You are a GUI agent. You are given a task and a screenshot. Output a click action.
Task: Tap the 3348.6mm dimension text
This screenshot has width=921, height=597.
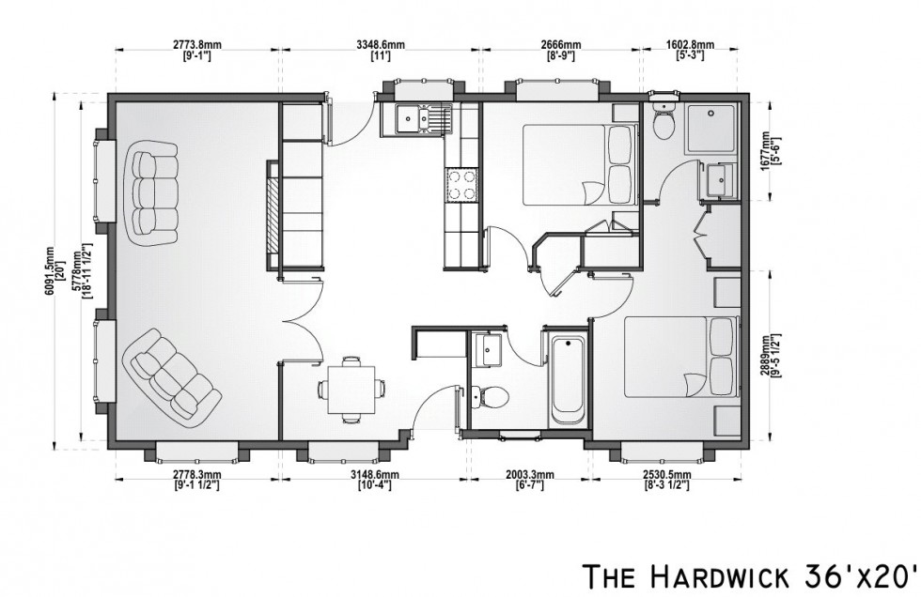click(x=380, y=44)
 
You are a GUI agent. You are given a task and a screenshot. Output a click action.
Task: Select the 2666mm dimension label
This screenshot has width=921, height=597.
click(x=560, y=44)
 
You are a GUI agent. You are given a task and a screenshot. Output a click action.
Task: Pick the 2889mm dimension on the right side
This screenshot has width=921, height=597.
click(x=770, y=357)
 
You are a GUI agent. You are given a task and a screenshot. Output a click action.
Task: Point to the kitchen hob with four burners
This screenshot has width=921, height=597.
click(x=461, y=184)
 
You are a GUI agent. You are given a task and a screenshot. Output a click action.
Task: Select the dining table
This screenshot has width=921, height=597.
click(x=351, y=388)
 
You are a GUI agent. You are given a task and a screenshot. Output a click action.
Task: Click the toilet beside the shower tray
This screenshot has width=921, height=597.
click(x=664, y=121)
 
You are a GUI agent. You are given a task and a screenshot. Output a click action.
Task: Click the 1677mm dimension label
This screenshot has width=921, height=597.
click(x=770, y=150)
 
